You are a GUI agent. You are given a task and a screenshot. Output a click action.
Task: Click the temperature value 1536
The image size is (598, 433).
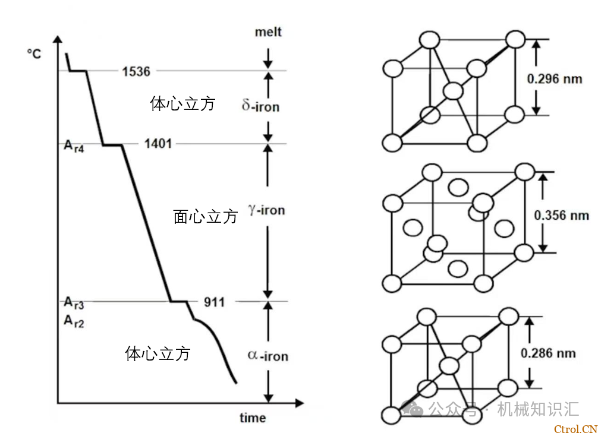coord(136,71)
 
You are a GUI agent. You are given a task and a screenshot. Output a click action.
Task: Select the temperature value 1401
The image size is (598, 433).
coord(158,143)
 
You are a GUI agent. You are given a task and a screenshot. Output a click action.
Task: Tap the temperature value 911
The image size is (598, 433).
coord(214,302)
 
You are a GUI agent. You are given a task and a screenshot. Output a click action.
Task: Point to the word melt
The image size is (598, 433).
coord(267,32)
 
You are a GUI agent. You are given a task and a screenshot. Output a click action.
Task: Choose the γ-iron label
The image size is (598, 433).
coord(266,210)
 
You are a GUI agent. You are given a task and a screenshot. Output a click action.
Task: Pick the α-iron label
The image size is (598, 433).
coord(267,356)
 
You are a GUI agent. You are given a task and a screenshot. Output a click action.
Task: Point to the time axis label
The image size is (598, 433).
coord(253,418)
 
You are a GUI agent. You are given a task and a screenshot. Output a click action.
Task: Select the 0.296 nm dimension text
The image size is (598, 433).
coord(555,78)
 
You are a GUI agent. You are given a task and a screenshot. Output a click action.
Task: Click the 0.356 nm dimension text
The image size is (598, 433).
coord(561,214)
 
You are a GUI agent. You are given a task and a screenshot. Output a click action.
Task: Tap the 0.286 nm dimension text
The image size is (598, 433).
coord(548,353)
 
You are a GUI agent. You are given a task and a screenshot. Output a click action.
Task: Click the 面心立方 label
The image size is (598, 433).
coord(205,217)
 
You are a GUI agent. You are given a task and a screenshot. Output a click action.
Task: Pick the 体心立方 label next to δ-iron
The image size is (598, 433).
coord(182,105)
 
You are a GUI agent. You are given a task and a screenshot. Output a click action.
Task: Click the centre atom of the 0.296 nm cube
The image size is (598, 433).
coord(453,91)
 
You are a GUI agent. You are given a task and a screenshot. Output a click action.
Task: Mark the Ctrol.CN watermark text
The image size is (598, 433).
coord(575,428)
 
